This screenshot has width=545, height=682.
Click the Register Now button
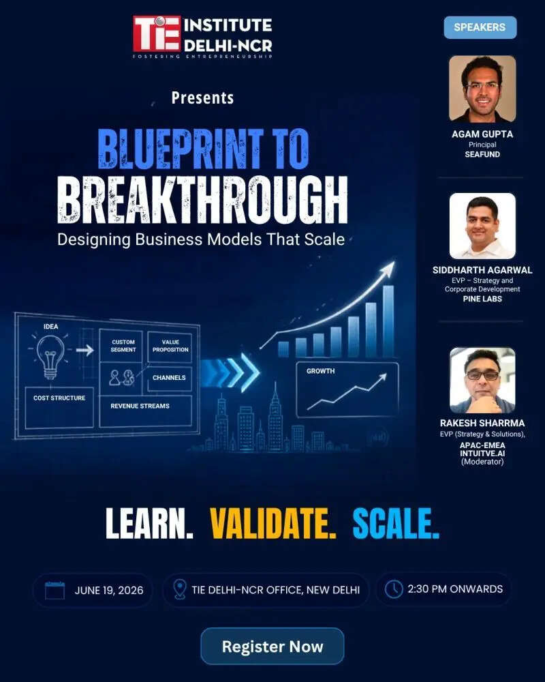(x=272, y=646)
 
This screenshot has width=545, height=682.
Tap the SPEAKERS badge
(x=480, y=27)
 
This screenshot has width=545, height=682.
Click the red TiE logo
(x=157, y=33)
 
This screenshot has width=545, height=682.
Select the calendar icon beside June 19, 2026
(x=54, y=590)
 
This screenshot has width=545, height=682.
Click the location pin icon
(x=179, y=589)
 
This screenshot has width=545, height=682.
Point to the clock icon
(x=394, y=589)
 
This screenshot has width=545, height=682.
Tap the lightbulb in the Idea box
(x=50, y=356)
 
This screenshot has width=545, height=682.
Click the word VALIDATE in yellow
(x=273, y=523)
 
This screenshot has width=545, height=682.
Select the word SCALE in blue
(x=396, y=523)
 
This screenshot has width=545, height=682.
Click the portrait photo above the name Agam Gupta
(x=482, y=89)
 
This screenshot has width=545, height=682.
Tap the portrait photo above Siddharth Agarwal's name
(x=482, y=226)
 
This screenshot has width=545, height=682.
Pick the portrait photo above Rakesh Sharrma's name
(x=482, y=380)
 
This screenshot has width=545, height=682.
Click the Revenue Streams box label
(x=140, y=406)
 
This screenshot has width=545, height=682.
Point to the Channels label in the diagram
(x=169, y=378)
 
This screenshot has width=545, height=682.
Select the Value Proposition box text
(x=170, y=346)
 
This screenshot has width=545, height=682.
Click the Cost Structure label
(x=59, y=398)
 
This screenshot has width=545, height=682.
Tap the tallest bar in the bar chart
(x=388, y=321)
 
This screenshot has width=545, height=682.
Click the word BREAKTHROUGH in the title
(x=202, y=200)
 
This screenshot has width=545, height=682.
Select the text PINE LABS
(x=482, y=299)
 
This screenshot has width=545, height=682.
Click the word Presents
(x=202, y=98)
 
